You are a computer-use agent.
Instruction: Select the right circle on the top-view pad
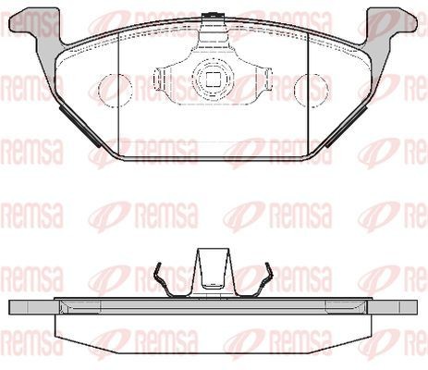tap(308, 88)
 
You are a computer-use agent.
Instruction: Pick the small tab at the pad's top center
tap(212, 14)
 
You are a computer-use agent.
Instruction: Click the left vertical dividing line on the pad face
tap(120, 92)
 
